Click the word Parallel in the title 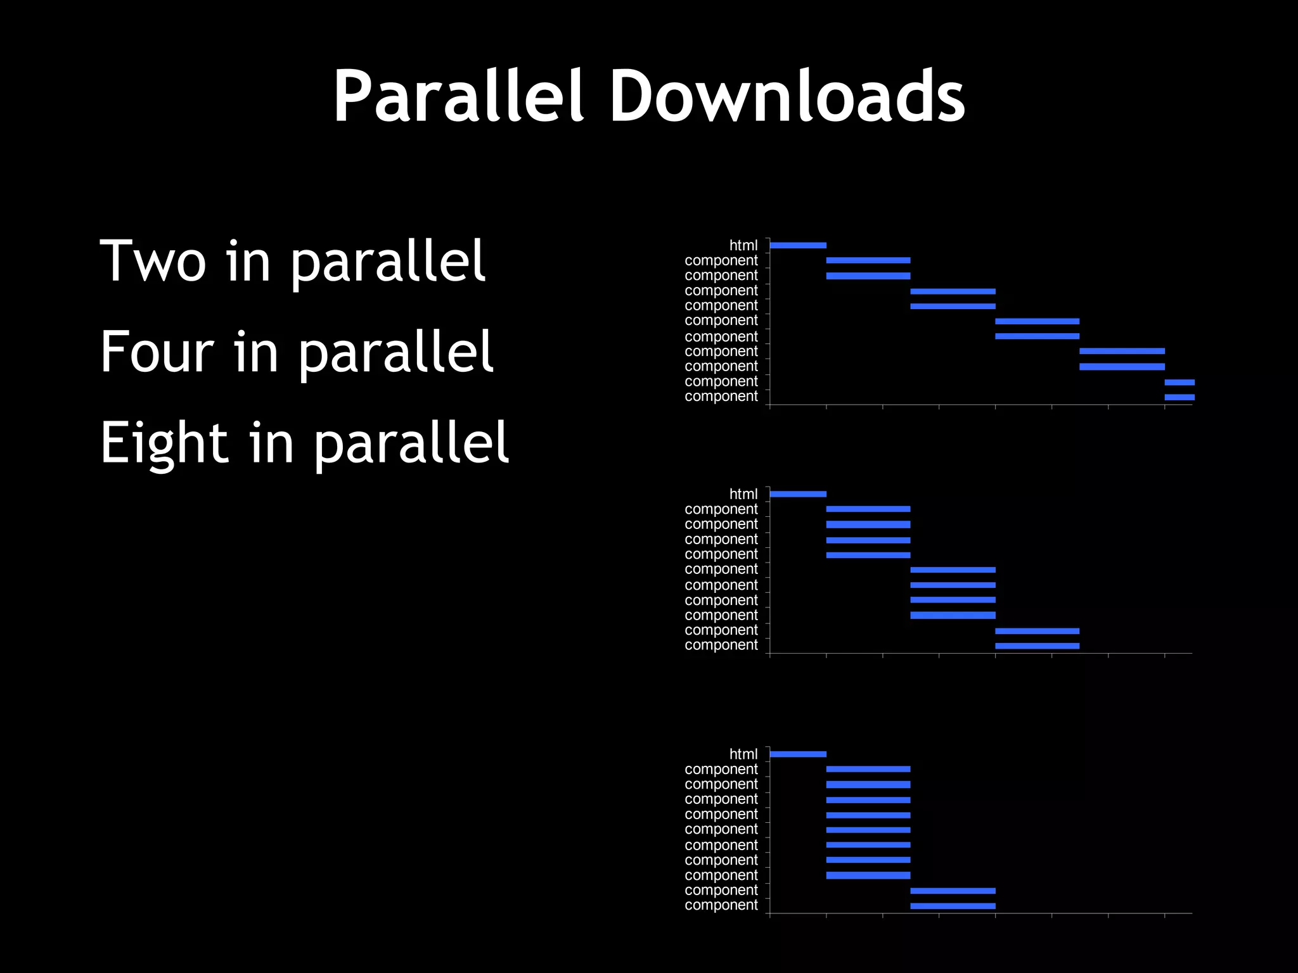click(458, 96)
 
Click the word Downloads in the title click(787, 96)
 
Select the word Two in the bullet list click(153, 260)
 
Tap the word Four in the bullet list click(157, 352)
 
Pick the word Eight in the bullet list click(164, 443)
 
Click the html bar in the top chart click(798, 245)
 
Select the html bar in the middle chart click(798, 494)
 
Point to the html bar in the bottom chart click(798, 754)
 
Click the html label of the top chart click(743, 245)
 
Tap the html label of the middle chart click(743, 494)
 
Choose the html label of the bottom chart click(743, 754)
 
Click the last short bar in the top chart click(1179, 397)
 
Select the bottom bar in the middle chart click(1037, 646)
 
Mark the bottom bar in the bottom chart click(953, 906)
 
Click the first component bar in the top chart click(868, 260)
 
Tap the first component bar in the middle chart click(868, 509)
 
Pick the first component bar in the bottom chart click(868, 769)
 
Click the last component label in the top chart click(721, 397)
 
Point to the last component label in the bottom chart click(721, 905)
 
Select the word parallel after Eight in click(411, 443)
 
